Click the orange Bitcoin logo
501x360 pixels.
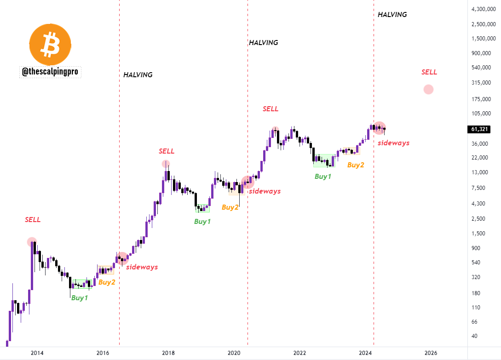point(51,44)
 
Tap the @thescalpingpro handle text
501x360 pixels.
point(51,72)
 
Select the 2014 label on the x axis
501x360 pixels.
point(37,353)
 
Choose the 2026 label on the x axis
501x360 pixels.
point(431,353)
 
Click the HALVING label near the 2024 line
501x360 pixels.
point(392,15)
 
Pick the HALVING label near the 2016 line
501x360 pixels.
point(138,75)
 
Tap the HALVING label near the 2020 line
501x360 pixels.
point(263,43)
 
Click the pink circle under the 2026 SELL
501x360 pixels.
point(428,90)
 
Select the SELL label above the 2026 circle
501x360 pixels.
point(429,72)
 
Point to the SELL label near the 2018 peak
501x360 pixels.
point(167,151)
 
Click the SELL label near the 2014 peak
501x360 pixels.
point(33,220)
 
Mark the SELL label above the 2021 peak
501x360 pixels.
point(271,109)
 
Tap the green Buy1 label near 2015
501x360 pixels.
point(79,298)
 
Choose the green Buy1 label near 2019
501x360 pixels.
point(202,222)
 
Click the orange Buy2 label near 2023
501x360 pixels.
point(356,165)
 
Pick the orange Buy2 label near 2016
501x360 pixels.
point(107,282)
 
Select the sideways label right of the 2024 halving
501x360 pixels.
point(393,143)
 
